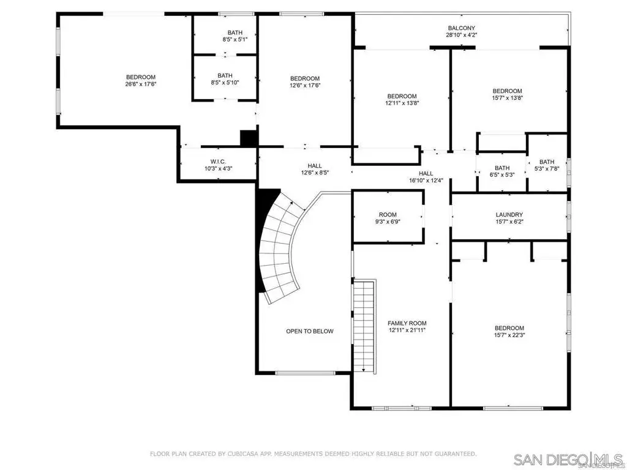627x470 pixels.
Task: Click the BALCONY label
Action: tap(462, 28)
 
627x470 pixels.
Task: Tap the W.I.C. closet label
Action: tap(219, 162)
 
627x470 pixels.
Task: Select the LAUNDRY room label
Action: tap(509, 215)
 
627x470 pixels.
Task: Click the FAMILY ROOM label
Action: tap(407, 323)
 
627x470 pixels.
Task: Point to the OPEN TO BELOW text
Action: tap(309, 331)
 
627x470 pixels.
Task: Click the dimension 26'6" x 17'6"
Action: tap(141, 84)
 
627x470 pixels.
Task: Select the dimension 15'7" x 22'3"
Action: tap(509, 335)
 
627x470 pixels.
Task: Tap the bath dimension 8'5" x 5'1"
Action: tap(235, 39)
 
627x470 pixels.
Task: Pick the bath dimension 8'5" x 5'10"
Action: tap(225, 83)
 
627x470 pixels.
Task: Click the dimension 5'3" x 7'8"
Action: tap(547, 169)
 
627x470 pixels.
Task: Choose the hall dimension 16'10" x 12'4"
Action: tap(426, 181)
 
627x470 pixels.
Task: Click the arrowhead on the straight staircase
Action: tap(364, 370)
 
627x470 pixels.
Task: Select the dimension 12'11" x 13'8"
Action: tap(402, 103)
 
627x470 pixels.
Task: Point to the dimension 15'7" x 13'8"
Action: tap(508, 97)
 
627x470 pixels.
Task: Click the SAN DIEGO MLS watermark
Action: tap(568, 459)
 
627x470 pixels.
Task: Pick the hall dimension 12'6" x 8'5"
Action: tap(315, 173)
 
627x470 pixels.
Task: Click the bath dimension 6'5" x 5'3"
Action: tap(502, 174)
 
